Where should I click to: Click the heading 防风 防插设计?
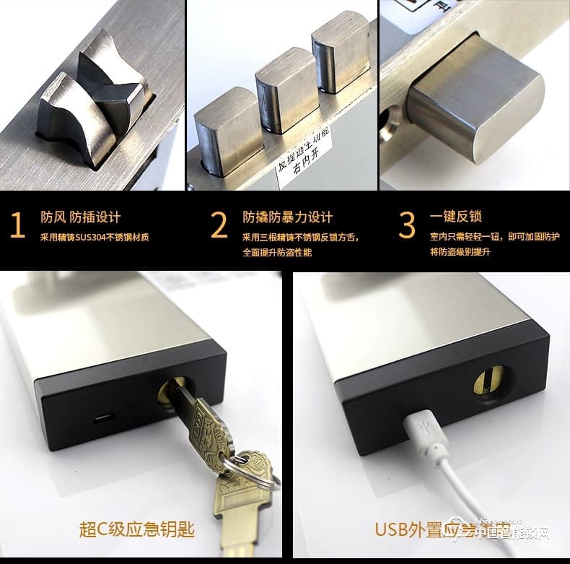coord(81,217)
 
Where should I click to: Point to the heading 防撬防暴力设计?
coord(287,217)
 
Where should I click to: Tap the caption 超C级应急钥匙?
coord(136,529)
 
